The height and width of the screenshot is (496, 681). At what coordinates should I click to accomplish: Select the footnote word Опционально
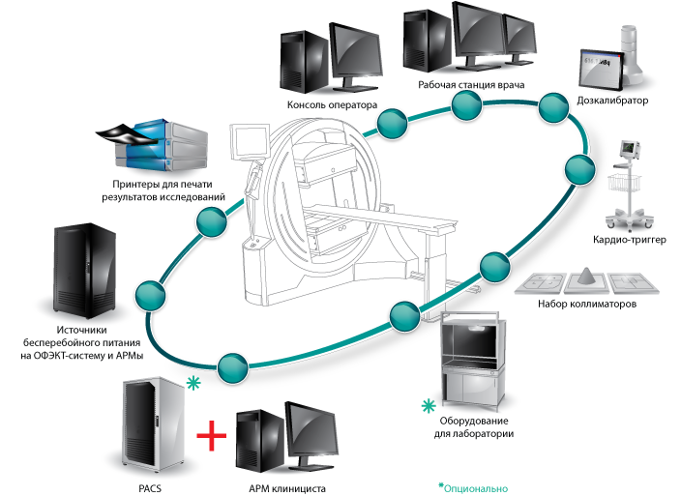(x=476, y=487)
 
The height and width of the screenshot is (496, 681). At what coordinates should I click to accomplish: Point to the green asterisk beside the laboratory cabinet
(x=428, y=406)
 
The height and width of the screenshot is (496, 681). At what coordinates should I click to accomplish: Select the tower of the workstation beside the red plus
(x=255, y=443)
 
